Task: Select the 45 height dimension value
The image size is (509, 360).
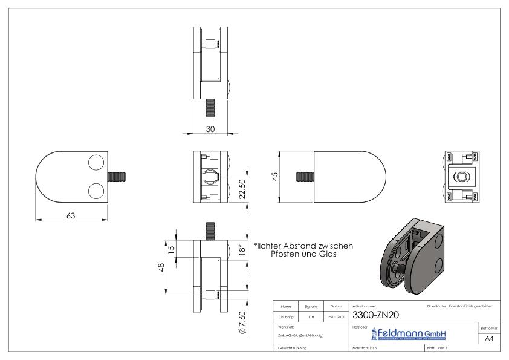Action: [x=275, y=177]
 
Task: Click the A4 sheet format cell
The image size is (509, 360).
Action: [x=486, y=339]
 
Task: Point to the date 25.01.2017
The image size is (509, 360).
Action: [x=336, y=316]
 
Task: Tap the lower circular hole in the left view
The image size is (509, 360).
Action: [x=96, y=191]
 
